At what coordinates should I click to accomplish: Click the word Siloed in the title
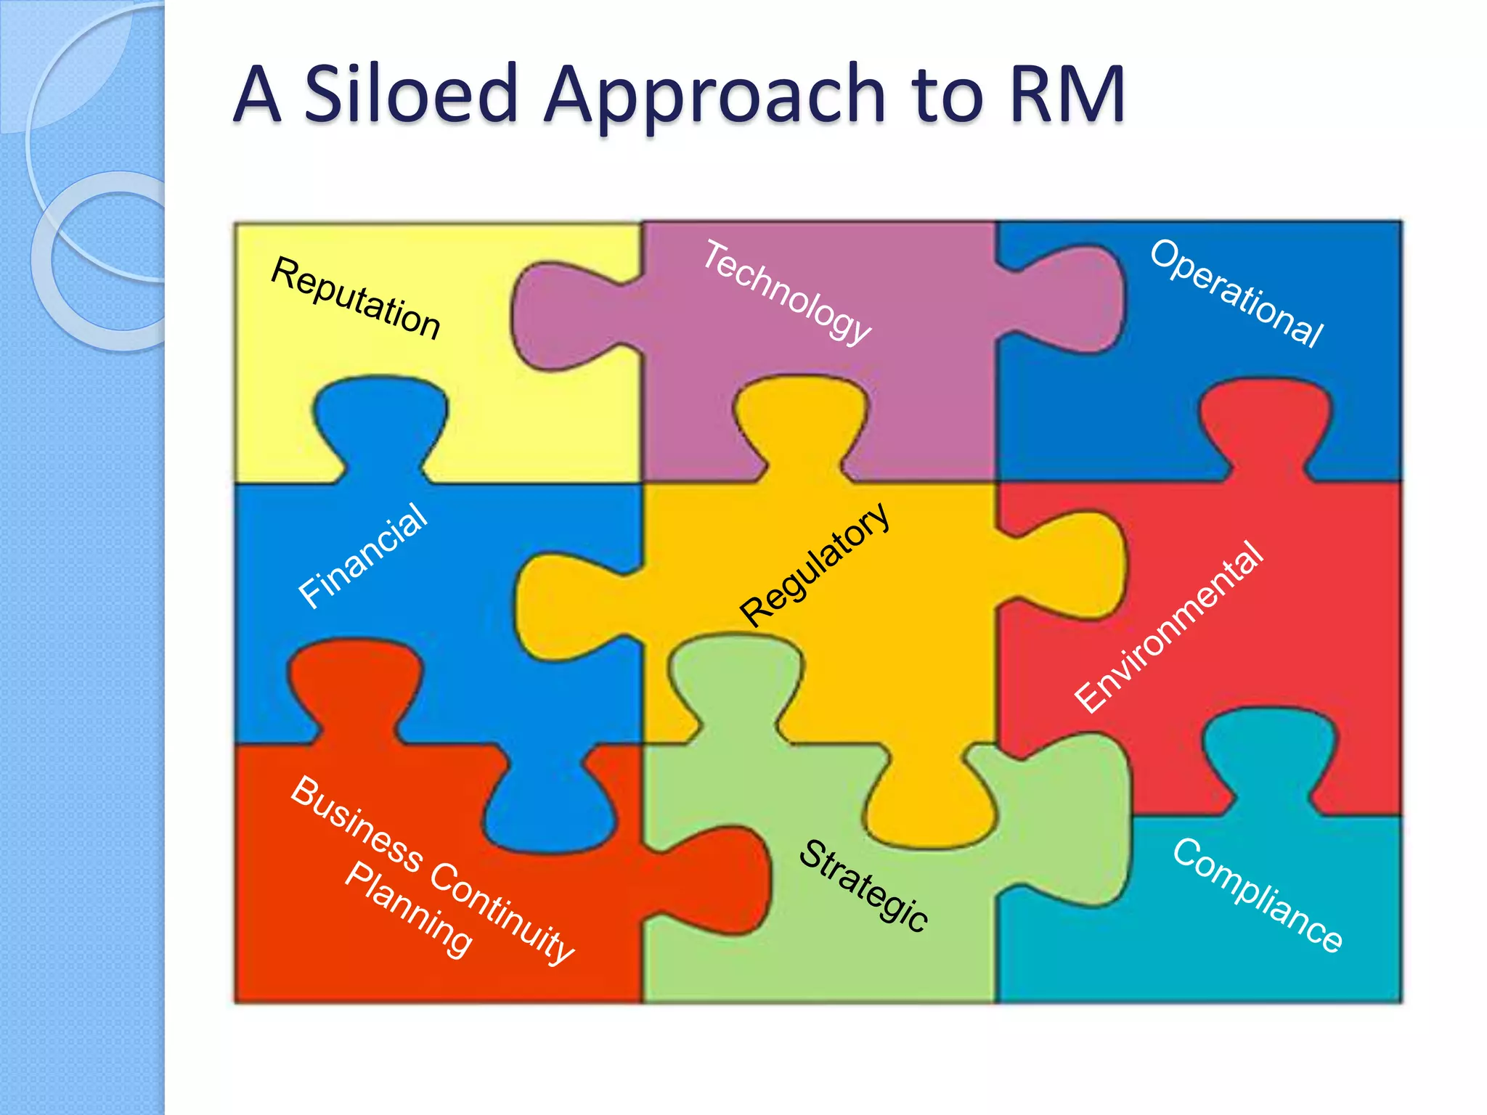(x=410, y=94)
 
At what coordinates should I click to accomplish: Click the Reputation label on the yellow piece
(x=355, y=298)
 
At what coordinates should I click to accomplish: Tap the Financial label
(x=363, y=555)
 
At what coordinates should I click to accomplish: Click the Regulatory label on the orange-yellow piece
(x=814, y=564)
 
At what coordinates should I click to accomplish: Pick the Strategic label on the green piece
(x=863, y=885)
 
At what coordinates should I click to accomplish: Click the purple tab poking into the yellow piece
(x=559, y=316)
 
